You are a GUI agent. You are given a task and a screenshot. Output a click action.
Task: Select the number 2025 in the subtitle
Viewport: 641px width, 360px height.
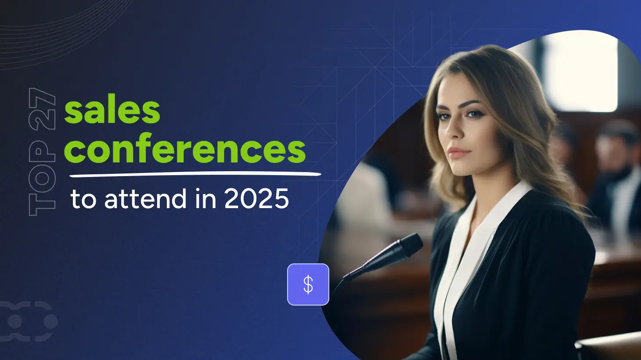(x=256, y=198)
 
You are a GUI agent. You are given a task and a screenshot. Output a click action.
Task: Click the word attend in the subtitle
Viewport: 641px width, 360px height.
(x=146, y=198)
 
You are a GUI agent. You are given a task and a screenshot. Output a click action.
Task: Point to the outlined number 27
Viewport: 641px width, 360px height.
(x=42, y=109)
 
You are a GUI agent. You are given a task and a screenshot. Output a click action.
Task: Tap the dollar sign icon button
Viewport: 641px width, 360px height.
(x=308, y=284)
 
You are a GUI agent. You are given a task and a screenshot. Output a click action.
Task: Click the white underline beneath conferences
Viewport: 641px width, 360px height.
(x=195, y=174)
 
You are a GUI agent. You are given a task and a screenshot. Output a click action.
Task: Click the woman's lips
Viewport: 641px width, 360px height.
(x=459, y=152)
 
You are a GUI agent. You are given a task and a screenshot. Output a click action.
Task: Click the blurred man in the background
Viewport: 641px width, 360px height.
(x=615, y=177)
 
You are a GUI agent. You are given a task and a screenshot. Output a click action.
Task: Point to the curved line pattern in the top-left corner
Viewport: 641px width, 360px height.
(x=57, y=32)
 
